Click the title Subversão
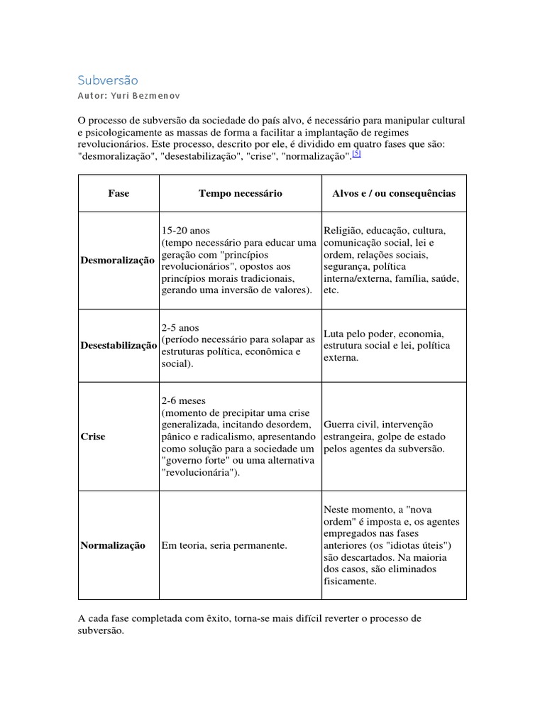[x=108, y=80]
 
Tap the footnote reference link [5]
[x=356, y=155]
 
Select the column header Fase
[x=119, y=193]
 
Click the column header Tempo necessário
[x=241, y=193]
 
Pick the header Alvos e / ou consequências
[x=394, y=193]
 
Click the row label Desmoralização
[x=117, y=261]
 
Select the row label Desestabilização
[x=119, y=345]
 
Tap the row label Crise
[x=93, y=437]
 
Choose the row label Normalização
[x=113, y=545]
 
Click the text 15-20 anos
[x=186, y=231]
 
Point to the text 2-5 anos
[x=181, y=328]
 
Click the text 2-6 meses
[x=184, y=400]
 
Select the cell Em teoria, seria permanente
[x=224, y=545]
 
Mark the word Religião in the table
[x=342, y=231]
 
